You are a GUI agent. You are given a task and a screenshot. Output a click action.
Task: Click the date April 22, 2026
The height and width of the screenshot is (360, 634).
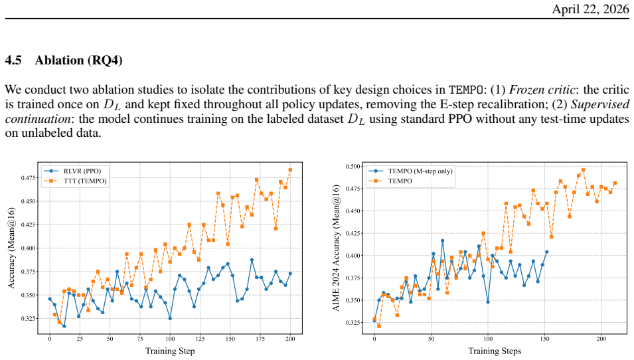590,9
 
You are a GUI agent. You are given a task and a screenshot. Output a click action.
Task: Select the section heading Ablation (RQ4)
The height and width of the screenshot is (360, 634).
78,60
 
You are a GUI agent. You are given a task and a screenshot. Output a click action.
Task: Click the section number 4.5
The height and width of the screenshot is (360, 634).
13,60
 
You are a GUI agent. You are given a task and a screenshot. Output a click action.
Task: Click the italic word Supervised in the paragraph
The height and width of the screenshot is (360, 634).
600,104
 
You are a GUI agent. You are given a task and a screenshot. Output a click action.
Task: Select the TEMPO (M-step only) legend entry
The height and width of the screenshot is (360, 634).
410,171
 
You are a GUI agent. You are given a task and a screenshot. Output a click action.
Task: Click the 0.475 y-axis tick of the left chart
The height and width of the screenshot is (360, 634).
29,177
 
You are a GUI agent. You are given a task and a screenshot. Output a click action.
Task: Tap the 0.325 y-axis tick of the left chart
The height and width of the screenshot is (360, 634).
29,319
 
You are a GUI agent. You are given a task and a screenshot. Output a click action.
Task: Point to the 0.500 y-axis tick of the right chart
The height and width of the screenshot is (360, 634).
353,166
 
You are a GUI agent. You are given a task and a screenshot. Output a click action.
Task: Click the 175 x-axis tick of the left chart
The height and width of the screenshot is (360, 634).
262,339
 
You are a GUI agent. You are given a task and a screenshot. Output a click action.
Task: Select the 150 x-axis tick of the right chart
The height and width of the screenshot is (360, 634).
544,339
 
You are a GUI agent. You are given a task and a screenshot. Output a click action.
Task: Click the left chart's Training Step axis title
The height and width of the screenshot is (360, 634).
170,351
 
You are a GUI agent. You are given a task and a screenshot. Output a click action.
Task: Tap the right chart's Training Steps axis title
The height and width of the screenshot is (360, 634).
495,351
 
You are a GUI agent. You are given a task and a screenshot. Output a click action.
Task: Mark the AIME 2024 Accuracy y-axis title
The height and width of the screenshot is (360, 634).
337,248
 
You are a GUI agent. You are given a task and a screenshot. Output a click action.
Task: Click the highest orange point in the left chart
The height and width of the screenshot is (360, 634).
290,170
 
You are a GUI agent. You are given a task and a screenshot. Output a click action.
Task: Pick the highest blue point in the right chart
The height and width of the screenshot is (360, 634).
442,240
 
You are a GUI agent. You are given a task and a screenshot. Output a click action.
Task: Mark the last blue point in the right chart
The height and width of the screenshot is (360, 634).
546,252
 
